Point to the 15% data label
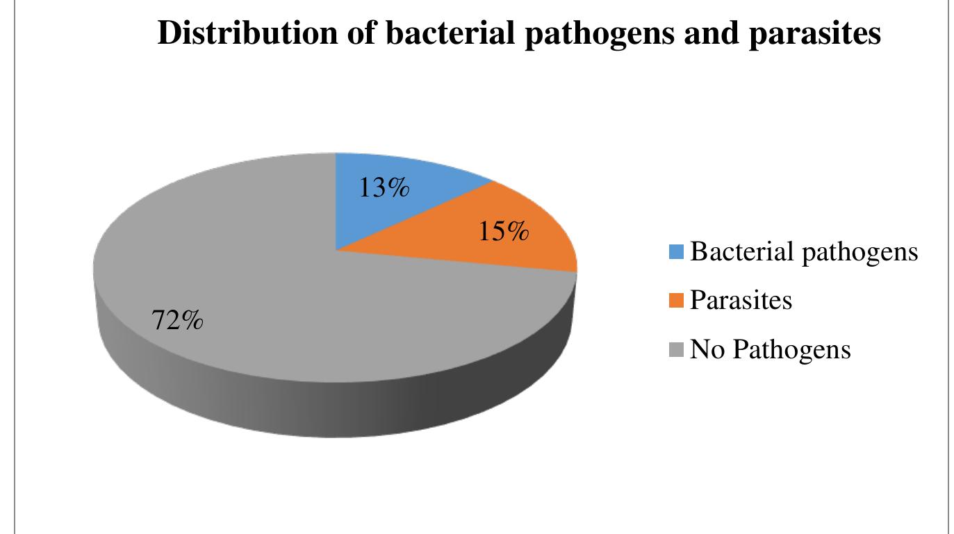pyautogui.click(x=503, y=233)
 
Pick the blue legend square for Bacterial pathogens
pyautogui.click(x=678, y=251)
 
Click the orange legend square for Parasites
pyautogui.click(x=678, y=301)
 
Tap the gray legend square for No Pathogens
pyautogui.click(x=678, y=349)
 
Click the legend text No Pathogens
pyautogui.click(x=771, y=349)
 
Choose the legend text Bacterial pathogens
pyautogui.click(x=805, y=252)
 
